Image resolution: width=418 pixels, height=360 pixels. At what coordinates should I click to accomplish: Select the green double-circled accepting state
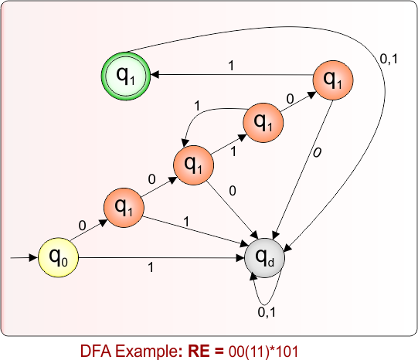click(x=124, y=74)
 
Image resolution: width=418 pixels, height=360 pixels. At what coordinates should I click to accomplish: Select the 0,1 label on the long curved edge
click(x=392, y=56)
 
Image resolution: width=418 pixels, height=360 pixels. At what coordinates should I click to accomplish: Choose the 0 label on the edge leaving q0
click(x=82, y=225)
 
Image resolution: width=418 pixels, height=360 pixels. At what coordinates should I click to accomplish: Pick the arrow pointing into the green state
click(x=232, y=75)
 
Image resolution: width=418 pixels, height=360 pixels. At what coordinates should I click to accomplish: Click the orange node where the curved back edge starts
click(x=263, y=121)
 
